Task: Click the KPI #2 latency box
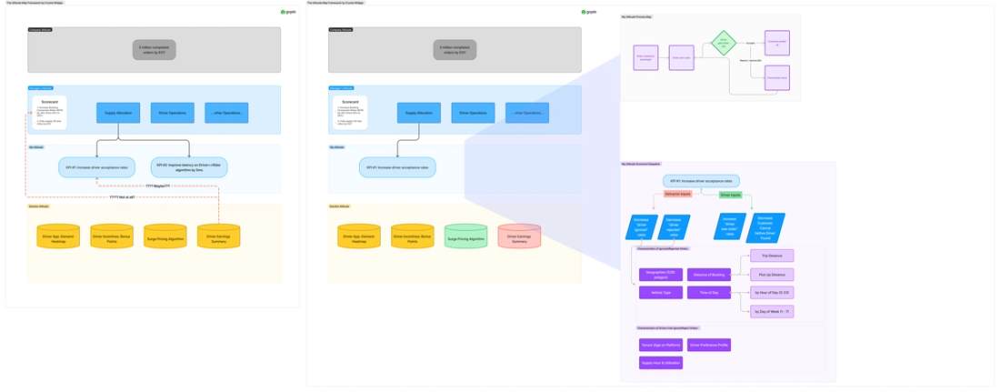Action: point(189,166)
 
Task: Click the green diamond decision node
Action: point(723,44)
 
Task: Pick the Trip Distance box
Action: point(772,256)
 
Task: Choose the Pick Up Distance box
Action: point(772,274)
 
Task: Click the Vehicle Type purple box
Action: point(661,293)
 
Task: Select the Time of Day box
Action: point(710,293)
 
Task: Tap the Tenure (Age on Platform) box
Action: point(661,345)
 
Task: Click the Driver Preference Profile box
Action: point(710,345)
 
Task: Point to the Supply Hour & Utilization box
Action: point(661,363)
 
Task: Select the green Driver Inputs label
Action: point(731,195)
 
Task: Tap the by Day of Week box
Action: point(772,311)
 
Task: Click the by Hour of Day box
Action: point(772,293)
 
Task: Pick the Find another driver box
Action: point(777,77)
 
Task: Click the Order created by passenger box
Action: point(646,58)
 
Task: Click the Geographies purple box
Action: point(661,274)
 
